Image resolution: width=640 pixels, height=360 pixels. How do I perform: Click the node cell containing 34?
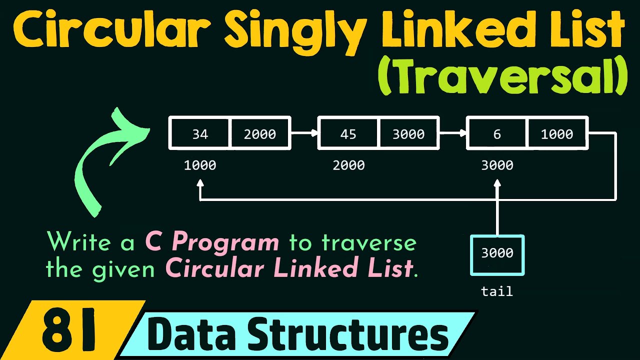coord(199,133)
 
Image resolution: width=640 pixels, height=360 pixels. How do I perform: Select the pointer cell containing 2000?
coord(259,133)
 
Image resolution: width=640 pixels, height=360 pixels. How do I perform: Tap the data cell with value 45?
coord(348,133)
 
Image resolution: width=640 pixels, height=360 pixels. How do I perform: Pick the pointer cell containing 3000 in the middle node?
coord(408,133)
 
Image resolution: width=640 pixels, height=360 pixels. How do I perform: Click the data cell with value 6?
coord(497,133)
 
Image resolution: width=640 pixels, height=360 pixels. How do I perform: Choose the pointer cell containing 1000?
coord(557,133)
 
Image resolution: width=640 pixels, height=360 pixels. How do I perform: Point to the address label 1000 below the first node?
coord(200,165)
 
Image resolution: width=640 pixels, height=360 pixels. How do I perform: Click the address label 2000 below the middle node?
coord(348,165)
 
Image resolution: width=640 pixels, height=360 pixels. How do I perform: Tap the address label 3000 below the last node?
coord(497,165)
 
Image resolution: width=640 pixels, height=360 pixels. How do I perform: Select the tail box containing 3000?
coord(497,254)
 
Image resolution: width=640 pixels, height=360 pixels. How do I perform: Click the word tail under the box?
coord(497,291)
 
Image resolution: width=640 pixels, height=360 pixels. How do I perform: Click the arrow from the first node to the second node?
coord(304,133)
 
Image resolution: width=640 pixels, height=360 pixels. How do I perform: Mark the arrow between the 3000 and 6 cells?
coord(453,133)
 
